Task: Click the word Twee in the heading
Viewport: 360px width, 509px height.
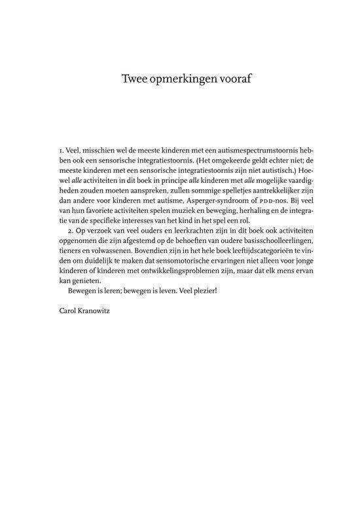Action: [x=134, y=79]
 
